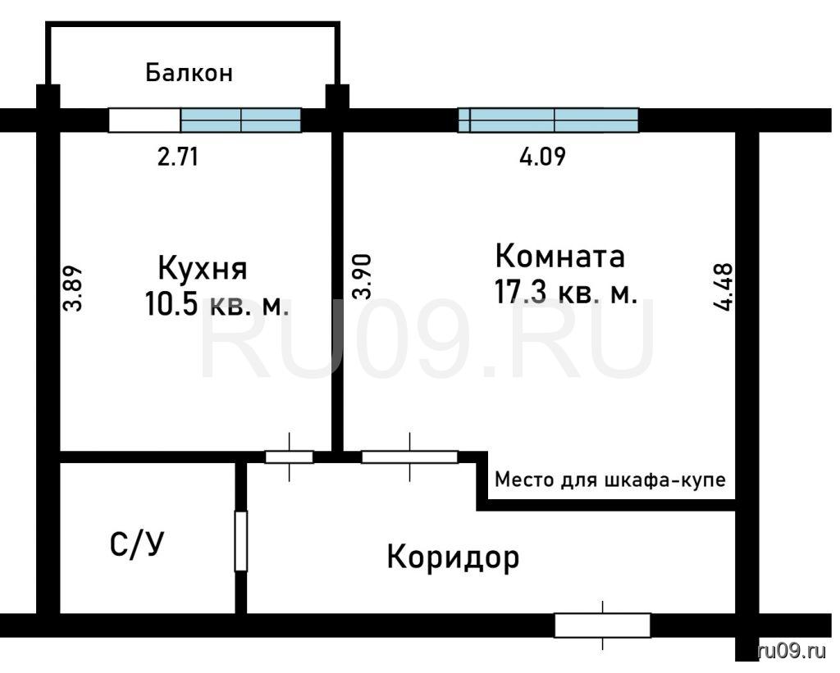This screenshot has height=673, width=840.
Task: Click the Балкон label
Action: (x=189, y=72)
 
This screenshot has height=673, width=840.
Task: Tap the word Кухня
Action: (x=203, y=269)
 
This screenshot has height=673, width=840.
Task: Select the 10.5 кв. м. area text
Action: (x=217, y=305)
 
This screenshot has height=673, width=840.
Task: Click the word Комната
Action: (x=559, y=256)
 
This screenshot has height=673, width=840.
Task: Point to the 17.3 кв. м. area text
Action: (x=566, y=293)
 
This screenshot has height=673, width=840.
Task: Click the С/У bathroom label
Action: (x=137, y=544)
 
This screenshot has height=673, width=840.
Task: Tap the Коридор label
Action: (x=453, y=558)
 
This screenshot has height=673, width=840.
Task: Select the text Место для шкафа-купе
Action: (x=610, y=480)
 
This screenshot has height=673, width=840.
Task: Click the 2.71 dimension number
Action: (x=178, y=157)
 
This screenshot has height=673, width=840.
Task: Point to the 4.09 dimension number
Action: (x=543, y=157)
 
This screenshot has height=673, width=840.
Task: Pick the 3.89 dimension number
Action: (x=73, y=289)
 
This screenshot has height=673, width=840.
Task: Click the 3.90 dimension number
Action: (x=362, y=277)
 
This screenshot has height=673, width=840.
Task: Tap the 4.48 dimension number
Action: (x=724, y=287)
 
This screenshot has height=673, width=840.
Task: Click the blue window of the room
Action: (x=549, y=120)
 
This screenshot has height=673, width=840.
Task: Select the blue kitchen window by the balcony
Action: (x=241, y=120)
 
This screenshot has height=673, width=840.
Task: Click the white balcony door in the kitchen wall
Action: (x=144, y=120)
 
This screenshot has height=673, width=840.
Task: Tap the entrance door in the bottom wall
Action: (x=603, y=625)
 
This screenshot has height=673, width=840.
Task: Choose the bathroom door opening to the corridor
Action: (x=241, y=541)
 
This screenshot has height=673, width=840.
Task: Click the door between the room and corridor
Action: (x=410, y=457)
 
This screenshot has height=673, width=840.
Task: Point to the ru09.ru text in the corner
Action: (x=792, y=651)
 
